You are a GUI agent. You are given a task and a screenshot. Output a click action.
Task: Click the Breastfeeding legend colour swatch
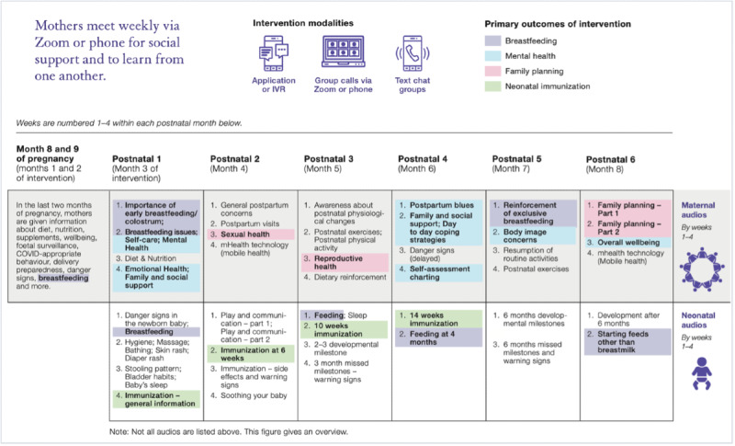click(492, 40)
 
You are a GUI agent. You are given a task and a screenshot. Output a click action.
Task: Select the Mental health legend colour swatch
click(492, 55)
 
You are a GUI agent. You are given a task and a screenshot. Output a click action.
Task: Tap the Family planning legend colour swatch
click(492, 71)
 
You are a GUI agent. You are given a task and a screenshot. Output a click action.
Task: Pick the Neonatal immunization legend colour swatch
click(492, 86)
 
